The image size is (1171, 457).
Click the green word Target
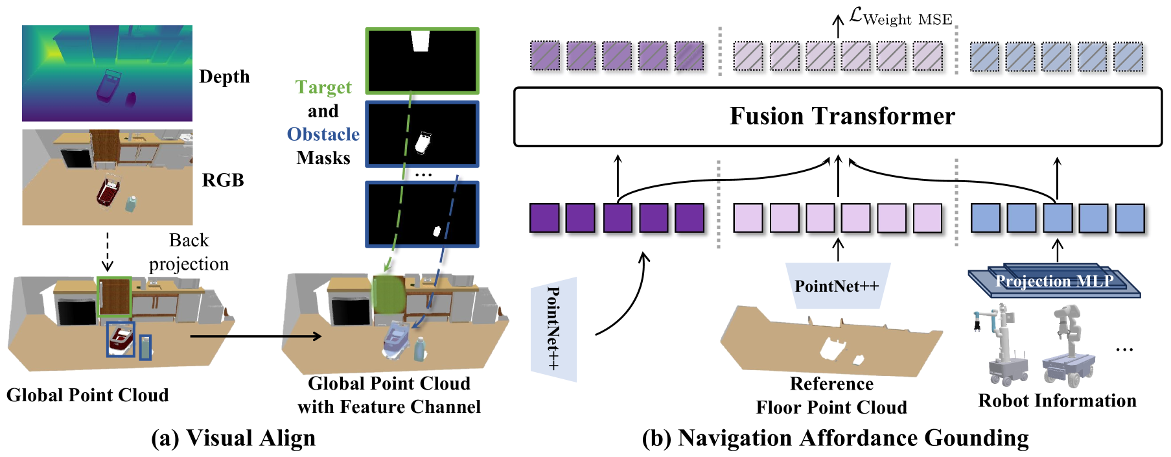[x=323, y=88]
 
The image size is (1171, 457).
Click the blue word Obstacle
[x=323, y=134]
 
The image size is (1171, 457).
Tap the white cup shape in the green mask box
[x=421, y=41]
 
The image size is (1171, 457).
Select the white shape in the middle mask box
[x=423, y=143]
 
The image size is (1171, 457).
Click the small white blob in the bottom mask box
[x=437, y=231]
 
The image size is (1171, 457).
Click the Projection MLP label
[x=1054, y=281]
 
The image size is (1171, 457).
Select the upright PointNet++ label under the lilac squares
[x=837, y=286]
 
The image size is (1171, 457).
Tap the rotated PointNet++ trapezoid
[x=553, y=329]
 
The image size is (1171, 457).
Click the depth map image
[x=107, y=73]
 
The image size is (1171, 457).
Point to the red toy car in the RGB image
[x=108, y=192]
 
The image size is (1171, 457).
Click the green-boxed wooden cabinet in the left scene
[x=115, y=298]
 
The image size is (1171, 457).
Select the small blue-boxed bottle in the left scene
[x=146, y=347]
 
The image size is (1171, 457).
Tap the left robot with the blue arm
[x=1000, y=345]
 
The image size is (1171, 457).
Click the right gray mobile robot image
[x=1069, y=346]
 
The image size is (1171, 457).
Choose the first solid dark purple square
[x=545, y=218]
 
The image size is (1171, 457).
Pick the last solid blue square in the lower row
[x=1130, y=218]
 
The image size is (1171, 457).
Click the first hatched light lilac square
[x=748, y=56]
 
